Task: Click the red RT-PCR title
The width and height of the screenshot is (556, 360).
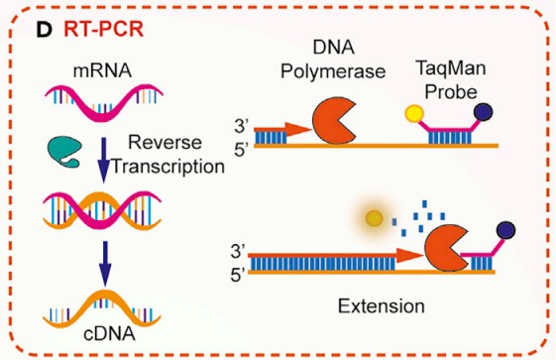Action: (104, 29)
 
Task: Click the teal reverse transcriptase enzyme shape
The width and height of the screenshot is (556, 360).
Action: (63, 152)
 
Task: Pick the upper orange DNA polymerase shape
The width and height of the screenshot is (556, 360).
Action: (333, 123)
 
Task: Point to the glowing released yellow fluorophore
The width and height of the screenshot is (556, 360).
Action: (376, 217)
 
